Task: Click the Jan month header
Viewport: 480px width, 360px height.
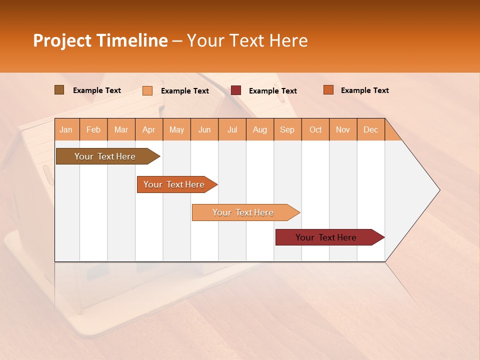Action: click(x=66, y=129)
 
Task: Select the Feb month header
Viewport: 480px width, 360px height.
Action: click(x=93, y=129)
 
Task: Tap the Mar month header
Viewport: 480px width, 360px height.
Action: click(x=121, y=129)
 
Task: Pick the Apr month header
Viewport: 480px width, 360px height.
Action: click(x=149, y=129)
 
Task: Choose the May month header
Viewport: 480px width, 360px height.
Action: click(x=176, y=129)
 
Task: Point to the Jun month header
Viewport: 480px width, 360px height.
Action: click(x=204, y=129)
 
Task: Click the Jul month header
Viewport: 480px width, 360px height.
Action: click(x=232, y=129)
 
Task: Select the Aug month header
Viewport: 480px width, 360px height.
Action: click(x=260, y=129)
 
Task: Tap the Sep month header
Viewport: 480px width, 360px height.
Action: click(x=287, y=129)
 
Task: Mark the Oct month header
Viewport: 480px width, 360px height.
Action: click(x=315, y=129)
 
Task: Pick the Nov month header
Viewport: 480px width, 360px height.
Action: click(x=343, y=129)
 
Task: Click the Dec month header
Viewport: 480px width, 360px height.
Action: click(x=371, y=129)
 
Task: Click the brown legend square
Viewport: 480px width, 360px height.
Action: click(x=59, y=90)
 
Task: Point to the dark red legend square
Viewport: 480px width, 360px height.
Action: click(x=236, y=90)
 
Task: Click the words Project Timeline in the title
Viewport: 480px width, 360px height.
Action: click(x=100, y=40)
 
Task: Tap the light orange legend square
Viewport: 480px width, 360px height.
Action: click(x=147, y=90)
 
